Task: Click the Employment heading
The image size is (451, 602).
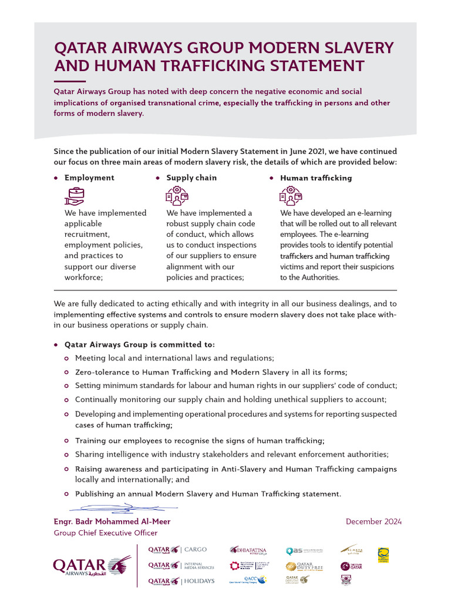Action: click(89, 178)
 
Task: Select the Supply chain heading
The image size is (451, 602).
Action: click(191, 178)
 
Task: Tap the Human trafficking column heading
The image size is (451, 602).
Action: click(316, 178)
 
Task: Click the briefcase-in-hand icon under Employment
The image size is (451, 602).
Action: click(75, 195)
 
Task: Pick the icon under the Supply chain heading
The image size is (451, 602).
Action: click(177, 195)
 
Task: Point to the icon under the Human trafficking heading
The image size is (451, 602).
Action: click(291, 195)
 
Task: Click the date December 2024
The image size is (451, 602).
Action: click(373, 521)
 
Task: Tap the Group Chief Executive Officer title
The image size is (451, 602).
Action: click(105, 533)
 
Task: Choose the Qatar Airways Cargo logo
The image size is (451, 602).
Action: click(177, 550)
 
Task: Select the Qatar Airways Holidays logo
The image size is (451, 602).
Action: click(181, 581)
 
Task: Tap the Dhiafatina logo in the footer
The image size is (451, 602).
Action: click(248, 551)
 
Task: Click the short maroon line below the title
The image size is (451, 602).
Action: click(69, 81)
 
